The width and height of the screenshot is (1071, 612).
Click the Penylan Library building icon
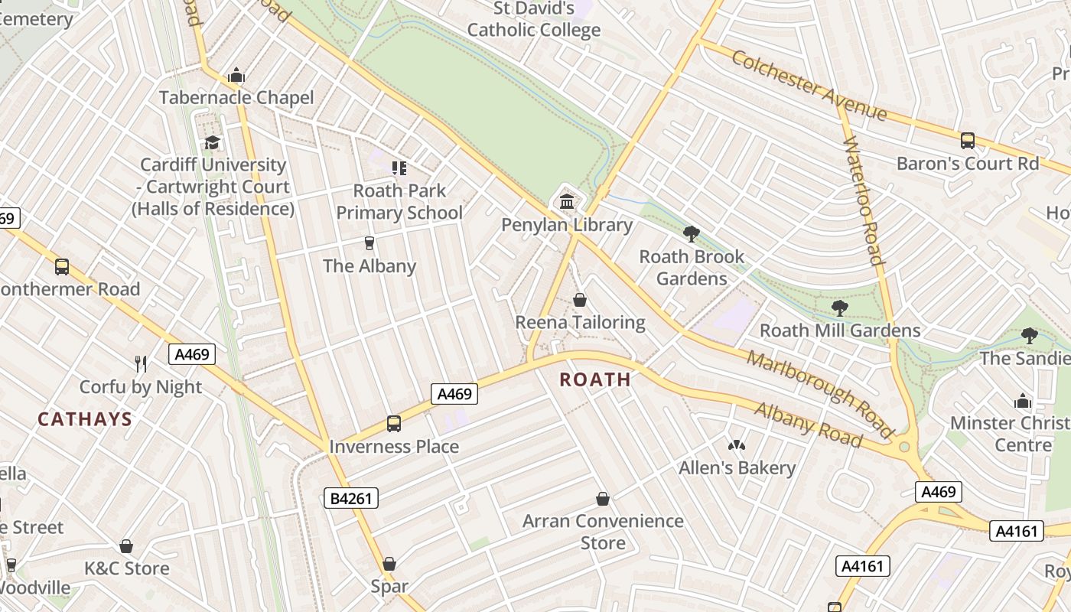click(567, 202)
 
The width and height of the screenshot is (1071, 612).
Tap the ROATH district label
click(595, 379)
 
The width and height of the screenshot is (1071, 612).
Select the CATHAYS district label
click(85, 419)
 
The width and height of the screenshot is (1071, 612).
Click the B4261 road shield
click(351, 499)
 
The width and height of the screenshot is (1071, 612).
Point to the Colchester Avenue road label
click(809, 85)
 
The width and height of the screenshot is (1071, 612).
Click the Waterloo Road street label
click(864, 200)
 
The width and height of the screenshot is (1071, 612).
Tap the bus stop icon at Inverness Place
click(394, 423)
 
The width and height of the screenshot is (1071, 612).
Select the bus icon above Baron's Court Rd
click(968, 141)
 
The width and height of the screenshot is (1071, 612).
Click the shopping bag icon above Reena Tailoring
click(580, 300)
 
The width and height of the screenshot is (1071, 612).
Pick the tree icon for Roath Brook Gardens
click(692, 233)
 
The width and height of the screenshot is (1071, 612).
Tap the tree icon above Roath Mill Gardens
click(840, 308)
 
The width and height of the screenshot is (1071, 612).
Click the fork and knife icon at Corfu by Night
click(141, 363)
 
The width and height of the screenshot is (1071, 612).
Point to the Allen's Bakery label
click(737, 467)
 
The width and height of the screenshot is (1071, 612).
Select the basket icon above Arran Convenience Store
click(603, 499)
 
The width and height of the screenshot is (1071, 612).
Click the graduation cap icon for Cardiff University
click(212, 142)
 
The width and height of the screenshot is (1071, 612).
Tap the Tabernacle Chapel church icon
click(236, 75)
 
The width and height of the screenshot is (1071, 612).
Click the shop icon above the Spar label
click(389, 564)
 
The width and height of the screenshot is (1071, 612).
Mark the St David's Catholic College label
click(534, 20)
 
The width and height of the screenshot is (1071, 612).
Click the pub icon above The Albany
click(369, 243)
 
